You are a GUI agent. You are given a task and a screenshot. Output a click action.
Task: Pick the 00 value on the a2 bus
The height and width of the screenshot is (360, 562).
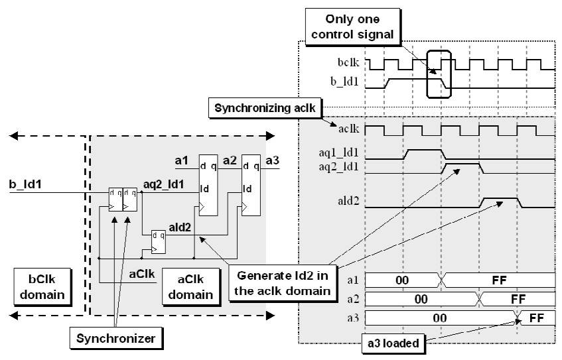421,298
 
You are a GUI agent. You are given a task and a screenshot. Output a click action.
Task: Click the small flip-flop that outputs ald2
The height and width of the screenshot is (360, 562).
158,241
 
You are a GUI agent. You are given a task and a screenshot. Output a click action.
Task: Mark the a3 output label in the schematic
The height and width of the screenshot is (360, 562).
273,159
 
